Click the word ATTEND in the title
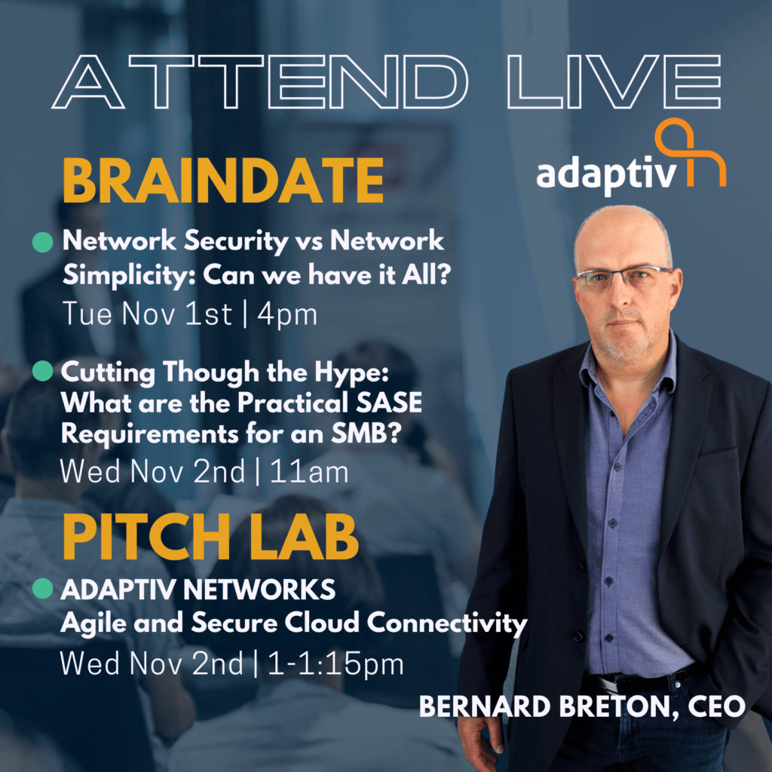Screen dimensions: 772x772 pyautogui.click(x=259, y=81)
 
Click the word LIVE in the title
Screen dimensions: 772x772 pyautogui.click(x=614, y=81)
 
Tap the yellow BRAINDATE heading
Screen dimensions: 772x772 pyautogui.click(x=223, y=181)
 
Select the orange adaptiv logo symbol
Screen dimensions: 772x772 pyautogui.click(x=691, y=152)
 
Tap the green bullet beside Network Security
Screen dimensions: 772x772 pyautogui.click(x=43, y=242)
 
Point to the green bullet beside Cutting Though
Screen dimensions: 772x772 pyautogui.click(x=43, y=371)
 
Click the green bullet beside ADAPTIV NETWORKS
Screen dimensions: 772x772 pyautogui.click(x=43, y=588)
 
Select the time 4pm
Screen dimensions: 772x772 pyautogui.click(x=287, y=315)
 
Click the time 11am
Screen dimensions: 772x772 pyautogui.click(x=309, y=472)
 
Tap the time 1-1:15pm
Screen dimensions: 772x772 pyautogui.click(x=335, y=663)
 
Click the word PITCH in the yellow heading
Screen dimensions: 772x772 pyautogui.click(x=147, y=537)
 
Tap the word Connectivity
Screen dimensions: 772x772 pyautogui.click(x=447, y=623)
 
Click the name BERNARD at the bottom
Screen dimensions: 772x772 pyautogui.click(x=485, y=706)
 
